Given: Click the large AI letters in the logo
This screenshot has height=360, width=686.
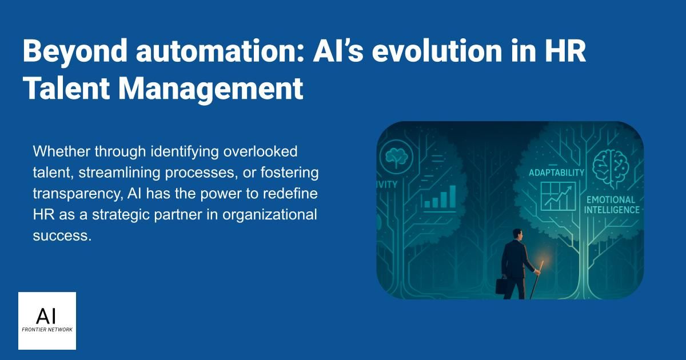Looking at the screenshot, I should pos(46,316).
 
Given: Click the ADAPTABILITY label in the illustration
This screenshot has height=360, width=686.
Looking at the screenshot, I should pos(556,173).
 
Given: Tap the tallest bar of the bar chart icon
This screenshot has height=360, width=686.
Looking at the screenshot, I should pos(452,196).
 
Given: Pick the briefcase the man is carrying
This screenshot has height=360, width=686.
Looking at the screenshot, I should pos(501,285).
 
